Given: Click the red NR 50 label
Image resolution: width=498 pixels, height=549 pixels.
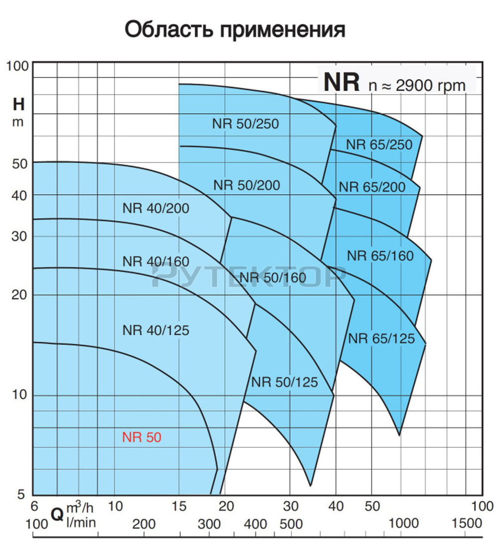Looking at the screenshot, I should coord(142,437).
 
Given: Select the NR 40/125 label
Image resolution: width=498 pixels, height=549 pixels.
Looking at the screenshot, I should coord(156,330).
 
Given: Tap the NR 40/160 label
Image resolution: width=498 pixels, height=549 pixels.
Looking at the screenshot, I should coord(156,261).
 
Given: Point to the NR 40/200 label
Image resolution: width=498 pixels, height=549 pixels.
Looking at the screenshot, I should coord(156,208).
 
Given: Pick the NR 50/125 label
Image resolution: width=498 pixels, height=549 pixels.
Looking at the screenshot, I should coord(284,382).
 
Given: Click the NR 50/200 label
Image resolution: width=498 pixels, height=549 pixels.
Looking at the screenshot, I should coord(247,185).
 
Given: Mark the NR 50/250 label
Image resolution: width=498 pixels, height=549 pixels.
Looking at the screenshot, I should coord(246,124).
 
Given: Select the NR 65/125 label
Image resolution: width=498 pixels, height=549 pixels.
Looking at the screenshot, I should coord(381,338).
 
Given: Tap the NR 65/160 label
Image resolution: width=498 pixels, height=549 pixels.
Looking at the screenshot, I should coord(380,256).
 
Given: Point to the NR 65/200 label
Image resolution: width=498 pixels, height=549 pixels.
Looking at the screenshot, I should coord(372,187).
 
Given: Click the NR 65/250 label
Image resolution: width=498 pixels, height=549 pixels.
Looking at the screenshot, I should coord(379,144).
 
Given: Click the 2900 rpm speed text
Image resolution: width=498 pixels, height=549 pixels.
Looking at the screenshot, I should coord(430,85).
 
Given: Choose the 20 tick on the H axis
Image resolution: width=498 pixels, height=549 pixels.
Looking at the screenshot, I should coord(18,294).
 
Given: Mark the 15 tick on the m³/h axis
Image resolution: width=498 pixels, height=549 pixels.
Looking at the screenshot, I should coord(179,506).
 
